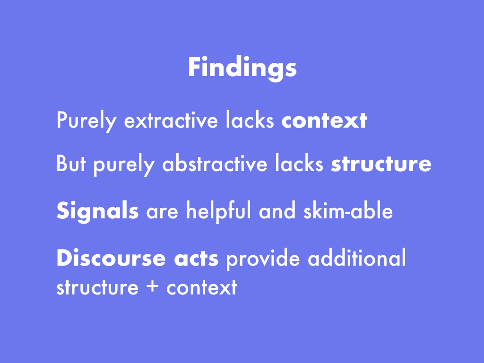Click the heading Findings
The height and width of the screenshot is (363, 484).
click(x=242, y=68)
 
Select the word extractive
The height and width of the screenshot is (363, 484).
click(x=171, y=120)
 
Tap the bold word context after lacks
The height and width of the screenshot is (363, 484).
click(x=324, y=121)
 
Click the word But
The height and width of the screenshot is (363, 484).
click(x=71, y=163)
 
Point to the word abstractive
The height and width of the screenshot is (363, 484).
click(x=215, y=163)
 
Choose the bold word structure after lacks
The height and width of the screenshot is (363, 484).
click(x=381, y=164)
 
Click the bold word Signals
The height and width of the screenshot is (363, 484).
click(x=97, y=211)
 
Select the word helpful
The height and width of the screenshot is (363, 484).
click(x=218, y=211)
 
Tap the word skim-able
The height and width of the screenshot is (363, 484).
click(x=348, y=210)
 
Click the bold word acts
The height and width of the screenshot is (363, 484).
click(x=196, y=259)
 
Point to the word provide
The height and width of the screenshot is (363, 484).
click(x=263, y=259)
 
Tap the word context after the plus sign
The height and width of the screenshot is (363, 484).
click(x=201, y=287)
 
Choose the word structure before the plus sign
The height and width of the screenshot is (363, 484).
click(x=97, y=287)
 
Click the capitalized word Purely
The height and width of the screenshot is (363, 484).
click(x=86, y=121)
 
